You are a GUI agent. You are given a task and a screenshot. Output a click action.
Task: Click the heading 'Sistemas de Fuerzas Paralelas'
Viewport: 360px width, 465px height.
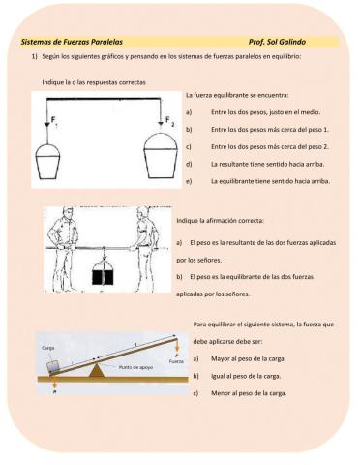pos(72,42)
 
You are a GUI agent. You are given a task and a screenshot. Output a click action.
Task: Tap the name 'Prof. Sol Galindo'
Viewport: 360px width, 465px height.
pos(277,42)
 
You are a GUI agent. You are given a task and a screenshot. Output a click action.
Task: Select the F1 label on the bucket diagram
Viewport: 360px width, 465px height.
pos(54,122)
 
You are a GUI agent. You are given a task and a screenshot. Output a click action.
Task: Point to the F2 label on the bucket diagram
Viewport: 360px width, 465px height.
pos(170,122)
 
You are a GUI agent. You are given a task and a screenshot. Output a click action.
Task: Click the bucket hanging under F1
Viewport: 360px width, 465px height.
pos(47,162)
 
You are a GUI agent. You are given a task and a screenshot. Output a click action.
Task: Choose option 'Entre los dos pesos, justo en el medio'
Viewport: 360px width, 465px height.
pos(266,112)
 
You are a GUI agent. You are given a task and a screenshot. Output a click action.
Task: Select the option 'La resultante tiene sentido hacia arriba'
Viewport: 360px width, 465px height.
pos(268,164)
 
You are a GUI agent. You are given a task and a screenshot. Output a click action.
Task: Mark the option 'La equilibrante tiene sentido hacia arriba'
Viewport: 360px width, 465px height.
pos(270,181)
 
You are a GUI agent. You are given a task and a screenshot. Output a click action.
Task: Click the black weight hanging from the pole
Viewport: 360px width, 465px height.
pos(104,277)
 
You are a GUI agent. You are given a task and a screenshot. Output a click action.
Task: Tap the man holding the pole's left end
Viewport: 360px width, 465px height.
pos(65,249)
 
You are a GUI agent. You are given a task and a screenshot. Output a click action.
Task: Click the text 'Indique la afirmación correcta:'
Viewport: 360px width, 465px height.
pos(221,221)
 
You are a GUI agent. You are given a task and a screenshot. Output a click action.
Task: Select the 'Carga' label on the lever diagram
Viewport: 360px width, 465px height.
pos(48,348)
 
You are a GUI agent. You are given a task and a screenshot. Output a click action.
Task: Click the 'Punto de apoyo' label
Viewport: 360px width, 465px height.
pos(135,367)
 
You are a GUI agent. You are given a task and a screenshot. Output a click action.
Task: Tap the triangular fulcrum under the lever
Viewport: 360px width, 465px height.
pos(96,370)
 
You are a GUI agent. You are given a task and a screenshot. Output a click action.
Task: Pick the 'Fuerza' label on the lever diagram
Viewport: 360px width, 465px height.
pos(176,361)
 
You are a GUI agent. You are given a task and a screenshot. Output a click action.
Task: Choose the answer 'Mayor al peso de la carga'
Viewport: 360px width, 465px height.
pos(249,358)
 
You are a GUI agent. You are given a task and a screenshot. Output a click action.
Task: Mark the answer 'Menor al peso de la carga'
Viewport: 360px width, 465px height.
pos(249,393)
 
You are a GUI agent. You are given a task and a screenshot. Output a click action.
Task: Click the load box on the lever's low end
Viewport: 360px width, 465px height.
pos(53,368)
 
